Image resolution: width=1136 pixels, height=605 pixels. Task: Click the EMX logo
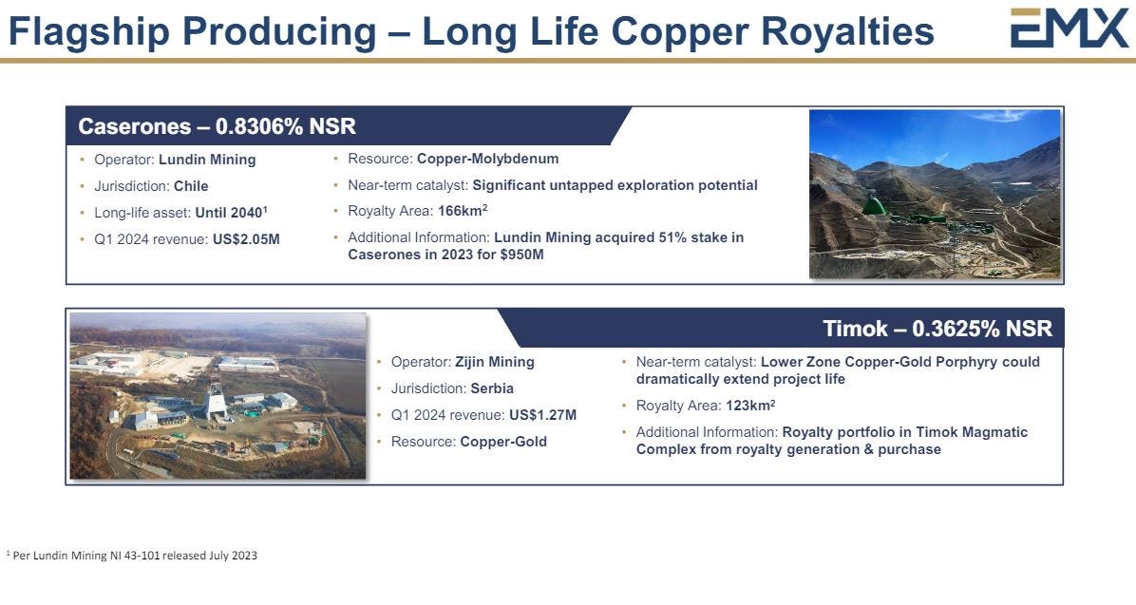[1070, 28]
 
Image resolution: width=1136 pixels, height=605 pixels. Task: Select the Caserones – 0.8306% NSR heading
[218, 127]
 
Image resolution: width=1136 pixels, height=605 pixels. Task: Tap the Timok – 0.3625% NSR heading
[937, 329]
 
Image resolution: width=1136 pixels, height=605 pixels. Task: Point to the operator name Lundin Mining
[207, 161]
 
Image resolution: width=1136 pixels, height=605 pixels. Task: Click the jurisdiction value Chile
[191, 186]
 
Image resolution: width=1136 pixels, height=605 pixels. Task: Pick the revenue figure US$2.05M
[246, 240]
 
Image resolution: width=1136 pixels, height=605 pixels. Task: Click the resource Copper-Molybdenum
[487, 159]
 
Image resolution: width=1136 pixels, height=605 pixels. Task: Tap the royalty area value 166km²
[463, 211]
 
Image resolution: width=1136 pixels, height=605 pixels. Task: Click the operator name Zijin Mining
[495, 362]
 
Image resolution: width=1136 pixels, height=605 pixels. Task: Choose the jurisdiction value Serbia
[492, 388]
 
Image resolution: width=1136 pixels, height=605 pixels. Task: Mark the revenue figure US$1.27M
[543, 415]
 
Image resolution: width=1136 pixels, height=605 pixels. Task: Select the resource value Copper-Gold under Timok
[503, 442]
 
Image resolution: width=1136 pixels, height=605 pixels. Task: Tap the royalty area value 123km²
[750, 406]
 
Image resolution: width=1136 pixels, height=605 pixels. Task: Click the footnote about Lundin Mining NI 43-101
[132, 556]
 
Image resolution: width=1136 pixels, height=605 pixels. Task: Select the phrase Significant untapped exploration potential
[615, 185]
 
